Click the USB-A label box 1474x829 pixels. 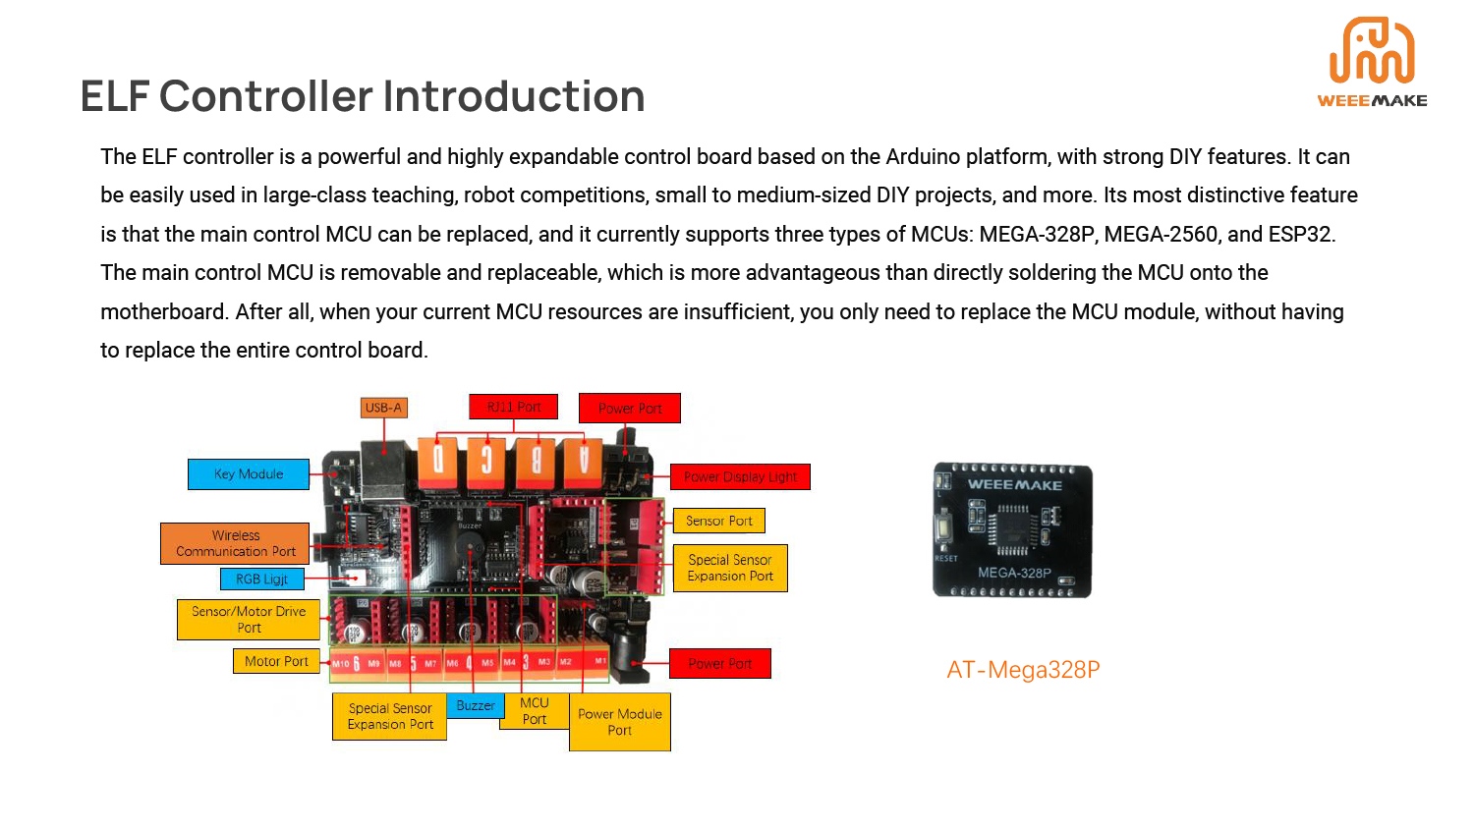click(383, 408)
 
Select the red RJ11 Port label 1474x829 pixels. click(513, 407)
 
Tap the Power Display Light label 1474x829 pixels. click(740, 477)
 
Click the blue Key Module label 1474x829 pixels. click(249, 474)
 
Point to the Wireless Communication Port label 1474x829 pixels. click(235, 543)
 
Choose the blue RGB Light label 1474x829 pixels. click(261, 579)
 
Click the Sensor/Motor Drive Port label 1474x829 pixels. click(249, 620)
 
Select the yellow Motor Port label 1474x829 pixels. click(276, 661)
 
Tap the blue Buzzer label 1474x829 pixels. click(476, 705)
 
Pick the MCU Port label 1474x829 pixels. click(535, 711)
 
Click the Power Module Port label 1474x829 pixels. click(620, 722)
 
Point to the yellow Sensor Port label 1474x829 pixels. click(719, 521)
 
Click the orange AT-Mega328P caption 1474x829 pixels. click(1023, 670)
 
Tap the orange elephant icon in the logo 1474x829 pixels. click(1372, 50)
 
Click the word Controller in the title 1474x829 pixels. click(265, 96)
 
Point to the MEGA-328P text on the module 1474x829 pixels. click(1014, 573)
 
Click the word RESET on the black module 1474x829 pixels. click(945, 558)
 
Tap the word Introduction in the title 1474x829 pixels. click(514, 96)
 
